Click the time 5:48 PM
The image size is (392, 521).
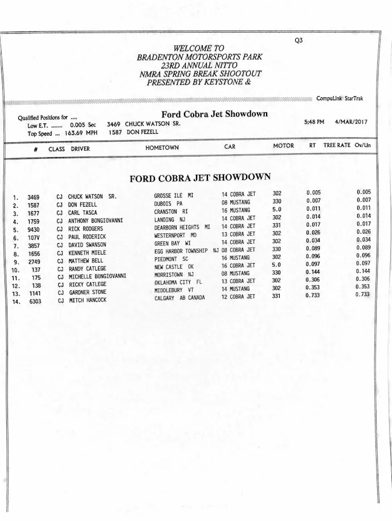coord(314,122)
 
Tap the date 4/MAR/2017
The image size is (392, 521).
coord(352,122)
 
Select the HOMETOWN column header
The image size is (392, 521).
coord(162,147)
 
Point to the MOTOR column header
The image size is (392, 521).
coord(283,146)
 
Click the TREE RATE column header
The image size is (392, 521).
coord(337,146)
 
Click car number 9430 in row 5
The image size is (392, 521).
coord(33,229)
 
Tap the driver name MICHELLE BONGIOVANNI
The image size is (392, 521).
coord(97,276)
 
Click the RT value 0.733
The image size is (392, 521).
coord(313,295)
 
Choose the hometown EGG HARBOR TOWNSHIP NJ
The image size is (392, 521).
coord(186,250)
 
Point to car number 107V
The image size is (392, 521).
coord(34,237)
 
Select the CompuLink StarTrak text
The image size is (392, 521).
coord(340,99)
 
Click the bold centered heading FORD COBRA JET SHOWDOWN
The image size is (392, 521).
coord(200,178)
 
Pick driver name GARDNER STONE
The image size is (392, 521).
coord(87,292)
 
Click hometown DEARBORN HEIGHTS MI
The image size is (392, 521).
coord(182,227)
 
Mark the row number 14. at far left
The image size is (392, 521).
coord(17,302)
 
